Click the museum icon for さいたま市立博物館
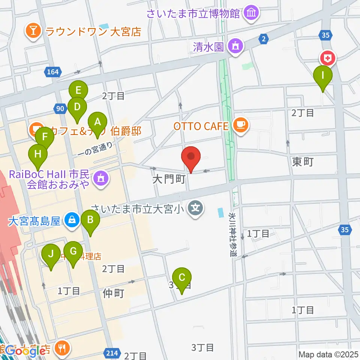[250, 14]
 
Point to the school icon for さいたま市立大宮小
[195, 207]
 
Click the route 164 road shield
[53, 72]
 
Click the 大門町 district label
[169, 179]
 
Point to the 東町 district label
[303, 162]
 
